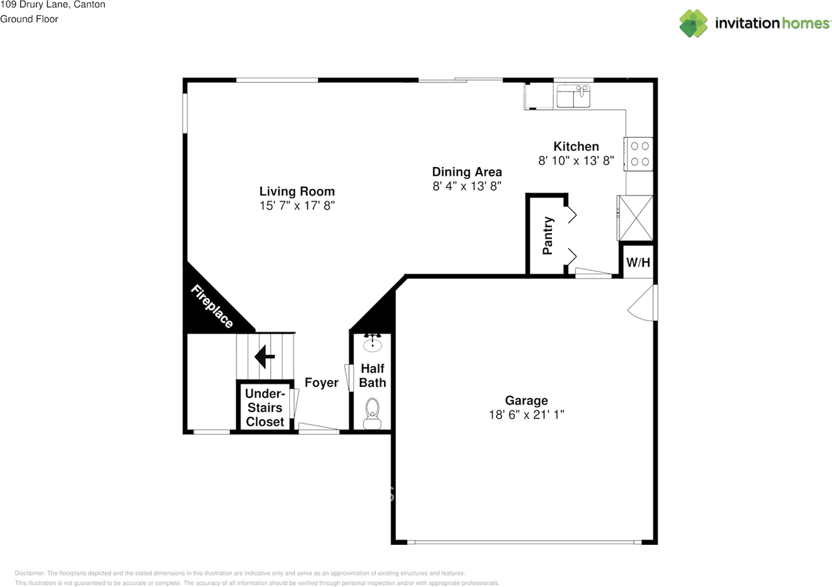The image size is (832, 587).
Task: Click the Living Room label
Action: coord(297,191)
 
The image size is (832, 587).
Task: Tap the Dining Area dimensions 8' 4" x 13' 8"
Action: coord(467,186)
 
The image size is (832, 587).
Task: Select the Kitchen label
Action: coord(576,146)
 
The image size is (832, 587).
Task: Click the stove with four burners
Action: coord(639,154)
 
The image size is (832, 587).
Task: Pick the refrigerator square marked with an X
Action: coord(635,218)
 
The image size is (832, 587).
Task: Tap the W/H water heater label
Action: coord(638,263)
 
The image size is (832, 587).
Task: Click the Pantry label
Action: coord(548,235)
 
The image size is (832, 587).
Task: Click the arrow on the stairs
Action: coord(264,356)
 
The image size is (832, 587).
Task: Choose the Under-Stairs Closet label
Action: coord(265,408)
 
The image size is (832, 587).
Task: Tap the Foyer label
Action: coord(321,382)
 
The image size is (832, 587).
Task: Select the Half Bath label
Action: coord(372,376)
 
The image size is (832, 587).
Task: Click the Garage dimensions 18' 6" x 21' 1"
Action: coord(526,414)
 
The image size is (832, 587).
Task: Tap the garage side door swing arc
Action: coord(640,304)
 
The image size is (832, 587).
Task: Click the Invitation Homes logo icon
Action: coord(694,23)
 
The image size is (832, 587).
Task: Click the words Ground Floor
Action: coord(29,19)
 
